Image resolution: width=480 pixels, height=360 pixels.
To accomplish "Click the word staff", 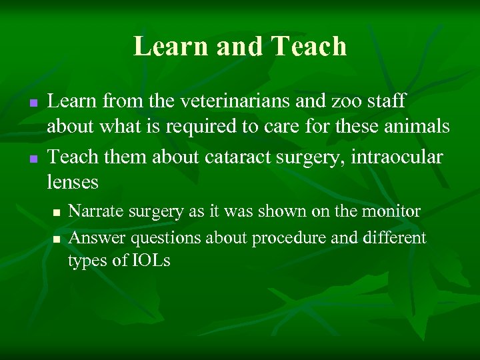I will pyautogui.click(x=385, y=102).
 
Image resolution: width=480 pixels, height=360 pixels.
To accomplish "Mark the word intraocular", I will pyautogui.click(x=398, y=157).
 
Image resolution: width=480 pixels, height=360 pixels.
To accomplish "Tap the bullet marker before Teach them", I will pyautogui.click(x=31, y=159).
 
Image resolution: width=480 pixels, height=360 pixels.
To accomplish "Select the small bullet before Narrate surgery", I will pyautogui.click(x=57, y=213).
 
